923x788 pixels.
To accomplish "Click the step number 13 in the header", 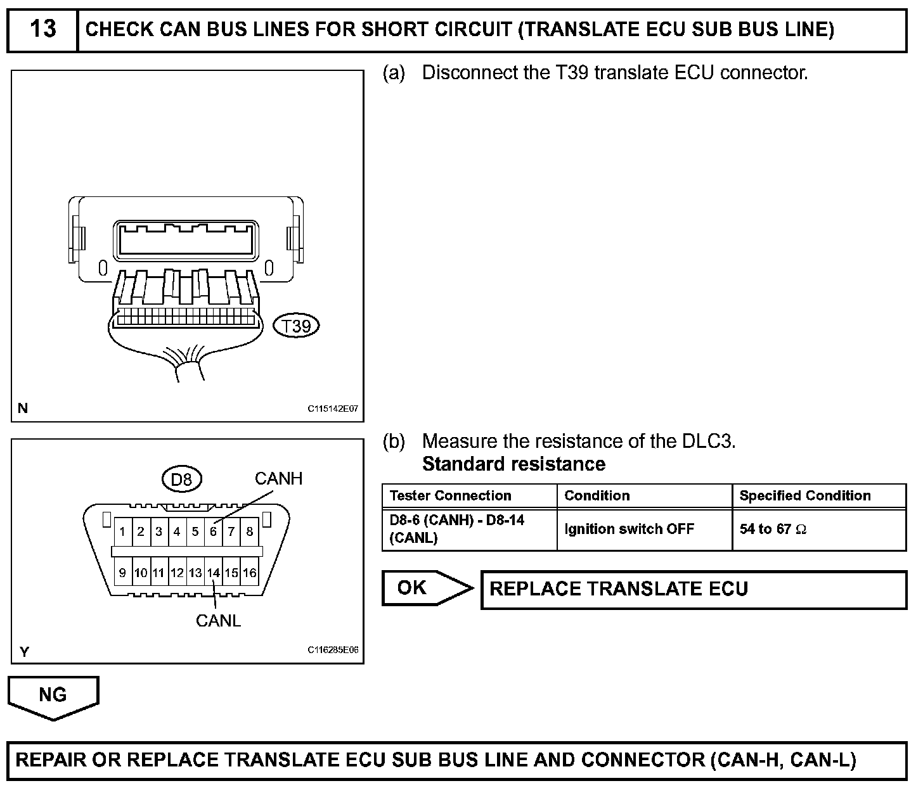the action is [43, 29].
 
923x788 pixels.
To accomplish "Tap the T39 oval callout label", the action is [296, 326].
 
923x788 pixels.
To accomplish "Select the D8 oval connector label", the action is [182, 480].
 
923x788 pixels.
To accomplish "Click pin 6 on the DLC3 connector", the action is [214, 531].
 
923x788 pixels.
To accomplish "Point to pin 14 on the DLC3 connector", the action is [214, 573].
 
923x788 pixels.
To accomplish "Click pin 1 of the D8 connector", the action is [123, 531].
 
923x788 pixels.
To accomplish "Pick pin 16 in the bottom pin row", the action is [250, 573].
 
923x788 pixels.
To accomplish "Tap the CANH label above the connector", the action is [279, 479].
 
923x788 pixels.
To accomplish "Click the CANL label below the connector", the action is [218, 621].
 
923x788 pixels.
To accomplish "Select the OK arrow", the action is [427, 588].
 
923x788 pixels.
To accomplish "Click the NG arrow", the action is [53, 698].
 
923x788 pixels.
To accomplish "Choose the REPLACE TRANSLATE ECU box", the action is [694, 590].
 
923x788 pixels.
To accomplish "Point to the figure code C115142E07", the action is [333, 409].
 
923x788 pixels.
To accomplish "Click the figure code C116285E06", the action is [333, 650].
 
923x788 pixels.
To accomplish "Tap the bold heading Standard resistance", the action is [514, 464].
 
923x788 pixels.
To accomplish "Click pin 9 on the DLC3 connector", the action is [123, 573].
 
